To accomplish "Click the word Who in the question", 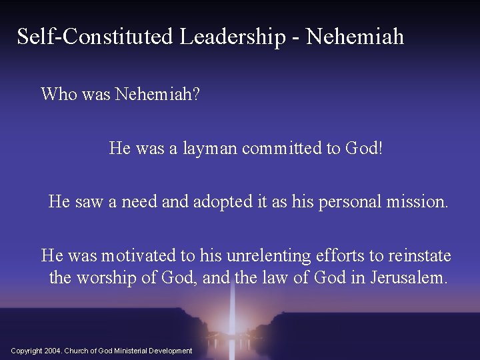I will (58, 94).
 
